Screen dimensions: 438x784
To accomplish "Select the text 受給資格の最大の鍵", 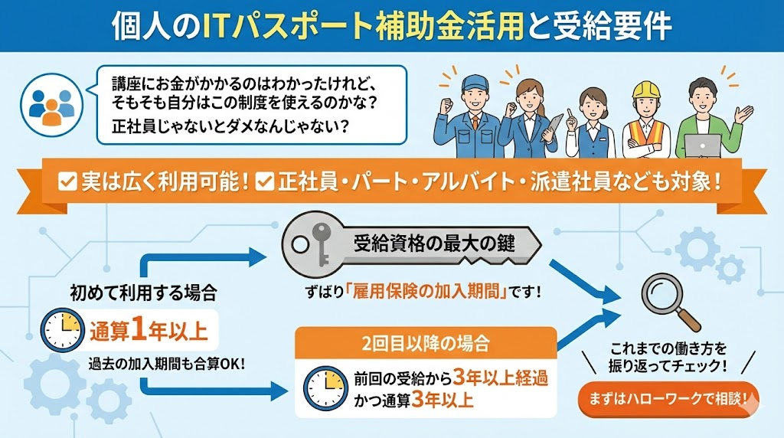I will point(434,244).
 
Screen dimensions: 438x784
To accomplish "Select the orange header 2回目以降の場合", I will point(426,339).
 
